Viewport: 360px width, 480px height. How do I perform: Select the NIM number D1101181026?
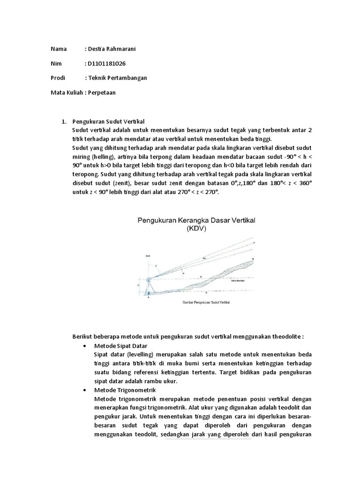pos(106,63)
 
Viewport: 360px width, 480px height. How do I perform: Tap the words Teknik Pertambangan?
pos(117,78)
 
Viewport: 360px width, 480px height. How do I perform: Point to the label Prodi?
pos(58,78)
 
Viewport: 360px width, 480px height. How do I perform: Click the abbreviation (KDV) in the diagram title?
pos(196,230)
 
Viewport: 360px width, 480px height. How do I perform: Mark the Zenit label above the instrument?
pos(148,256)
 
